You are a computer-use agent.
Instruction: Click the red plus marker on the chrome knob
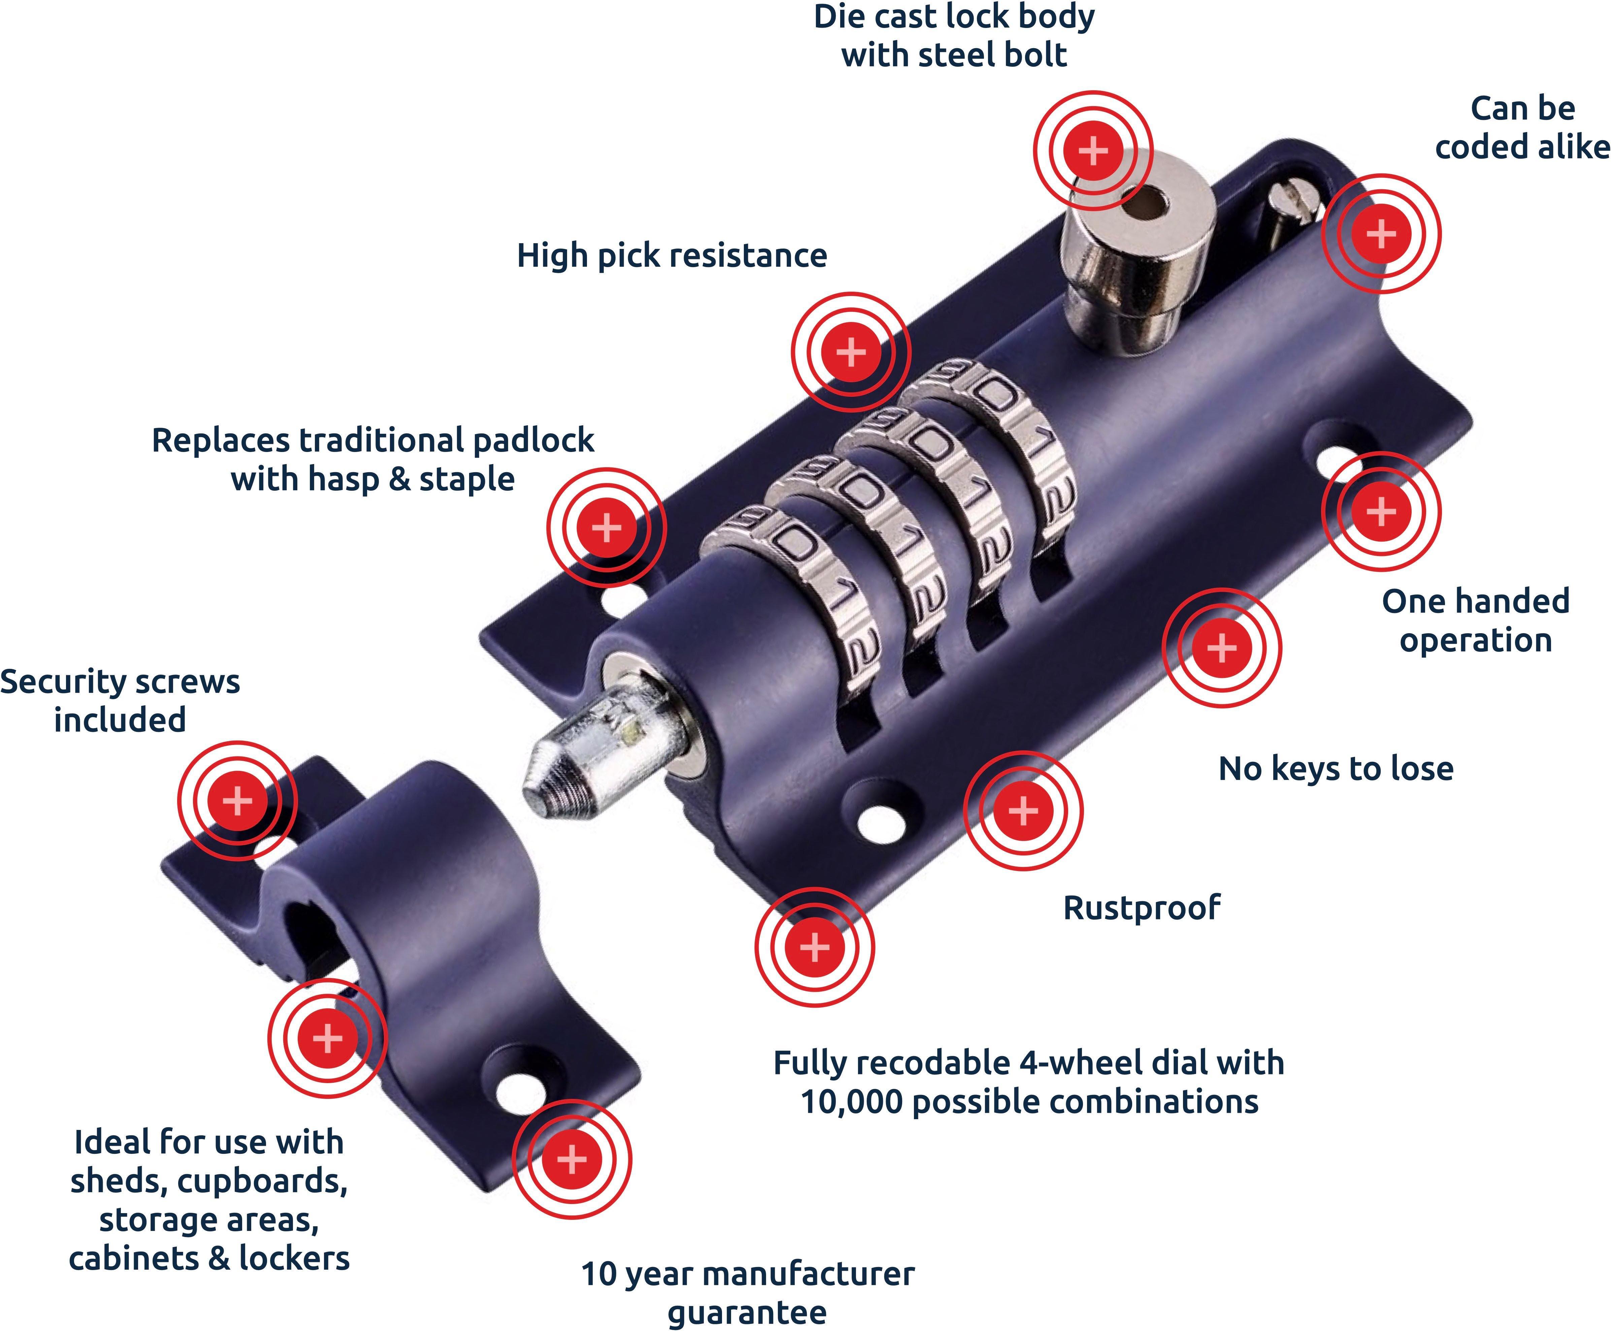coord(1093,150)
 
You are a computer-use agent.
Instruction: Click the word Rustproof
coord(1141,908)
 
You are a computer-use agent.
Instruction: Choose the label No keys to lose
coord(1335,768)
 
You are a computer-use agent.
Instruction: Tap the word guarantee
coord(747,1312)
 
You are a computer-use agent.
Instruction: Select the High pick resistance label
coord(671,255)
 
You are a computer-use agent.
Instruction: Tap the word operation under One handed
coord(1475,640)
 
